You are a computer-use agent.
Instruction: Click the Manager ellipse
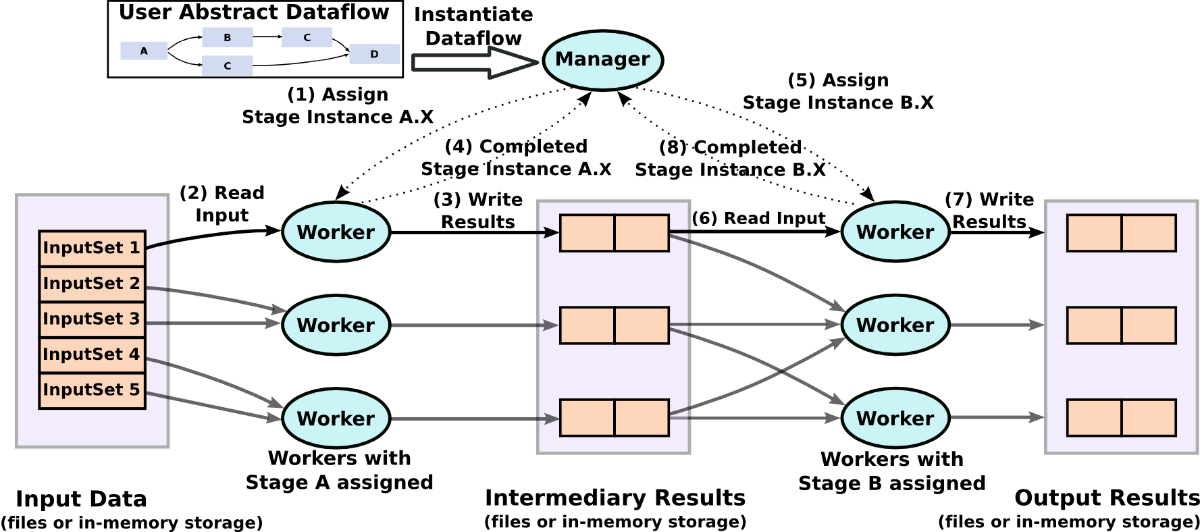[602, 59]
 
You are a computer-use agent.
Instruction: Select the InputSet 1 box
[92, 248]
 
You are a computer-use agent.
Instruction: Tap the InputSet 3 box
[92, 319]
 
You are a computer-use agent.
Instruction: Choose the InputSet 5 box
[92, 390]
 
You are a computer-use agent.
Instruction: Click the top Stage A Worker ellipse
[336, 232]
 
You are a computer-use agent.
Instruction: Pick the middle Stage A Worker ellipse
[336, 325]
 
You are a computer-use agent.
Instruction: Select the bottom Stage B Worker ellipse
[895, 418]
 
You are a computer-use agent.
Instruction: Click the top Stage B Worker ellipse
[895, 232]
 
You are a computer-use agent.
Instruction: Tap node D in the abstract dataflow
[374, 54]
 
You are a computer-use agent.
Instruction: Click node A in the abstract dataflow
[144, 51]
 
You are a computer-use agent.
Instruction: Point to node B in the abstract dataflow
[228, 37]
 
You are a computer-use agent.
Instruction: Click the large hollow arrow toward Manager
[473, 63]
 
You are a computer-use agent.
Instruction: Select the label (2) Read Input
[221, 204]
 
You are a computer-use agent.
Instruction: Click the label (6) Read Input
[758, 218]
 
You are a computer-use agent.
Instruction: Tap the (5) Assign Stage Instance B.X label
[838, 91]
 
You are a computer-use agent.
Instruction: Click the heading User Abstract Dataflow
[254, 12]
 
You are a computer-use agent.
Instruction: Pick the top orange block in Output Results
[1121, 233]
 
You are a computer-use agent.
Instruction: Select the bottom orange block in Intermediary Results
[614, 418]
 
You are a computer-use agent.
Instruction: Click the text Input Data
[81, 499]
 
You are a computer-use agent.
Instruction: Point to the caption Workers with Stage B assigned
[891, 471]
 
